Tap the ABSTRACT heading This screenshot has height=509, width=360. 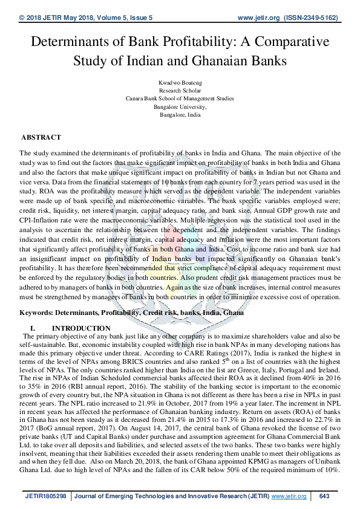tap(41, 138)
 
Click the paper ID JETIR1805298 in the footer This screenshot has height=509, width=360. tap(46, 496)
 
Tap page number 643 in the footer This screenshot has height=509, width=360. tap(324, 496)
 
